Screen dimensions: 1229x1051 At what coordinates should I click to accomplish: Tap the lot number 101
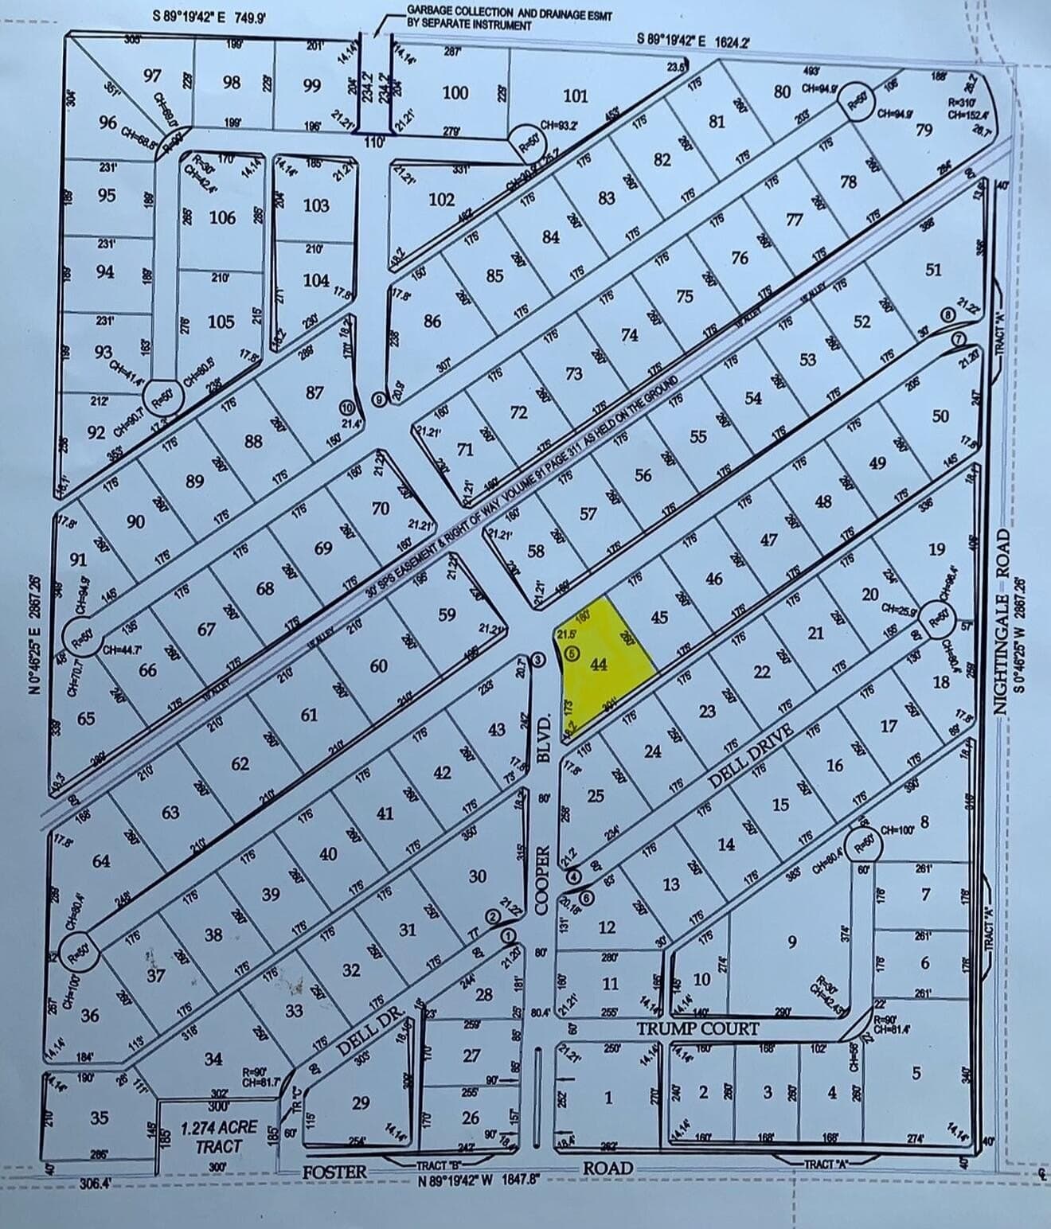tap(575, 96)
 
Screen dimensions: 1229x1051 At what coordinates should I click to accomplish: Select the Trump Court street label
tap(697, 1028)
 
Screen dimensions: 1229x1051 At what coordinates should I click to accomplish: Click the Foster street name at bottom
tap(334, 1171)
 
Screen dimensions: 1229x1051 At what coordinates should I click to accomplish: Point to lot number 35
tap(99, 1118)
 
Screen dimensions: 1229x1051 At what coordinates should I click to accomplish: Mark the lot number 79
tap(924, 129)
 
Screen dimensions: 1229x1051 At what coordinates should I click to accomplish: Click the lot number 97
tap(153, 76)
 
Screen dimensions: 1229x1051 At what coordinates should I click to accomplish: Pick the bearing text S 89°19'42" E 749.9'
tap(209, 15)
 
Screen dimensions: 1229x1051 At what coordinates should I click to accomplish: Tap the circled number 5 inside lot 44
tap(571, 654)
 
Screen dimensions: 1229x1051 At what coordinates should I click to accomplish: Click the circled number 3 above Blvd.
tap(538, 659)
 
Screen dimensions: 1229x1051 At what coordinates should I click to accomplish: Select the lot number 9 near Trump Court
tap(791, 942)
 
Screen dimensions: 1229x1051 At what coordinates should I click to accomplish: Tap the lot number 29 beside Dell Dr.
tap(361, 1102)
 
